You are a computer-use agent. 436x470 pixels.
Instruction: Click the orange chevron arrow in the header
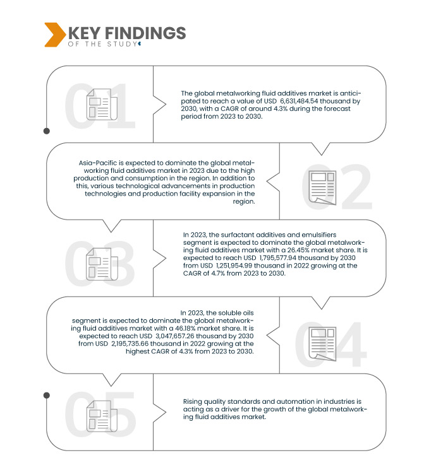54,34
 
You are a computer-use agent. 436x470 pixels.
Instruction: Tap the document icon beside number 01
99,104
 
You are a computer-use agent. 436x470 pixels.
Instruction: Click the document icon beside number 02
322,187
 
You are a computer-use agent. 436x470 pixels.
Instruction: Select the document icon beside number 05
99,417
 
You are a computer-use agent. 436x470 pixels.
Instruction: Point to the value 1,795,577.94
279,258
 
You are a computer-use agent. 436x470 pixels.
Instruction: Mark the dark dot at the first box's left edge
46,131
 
